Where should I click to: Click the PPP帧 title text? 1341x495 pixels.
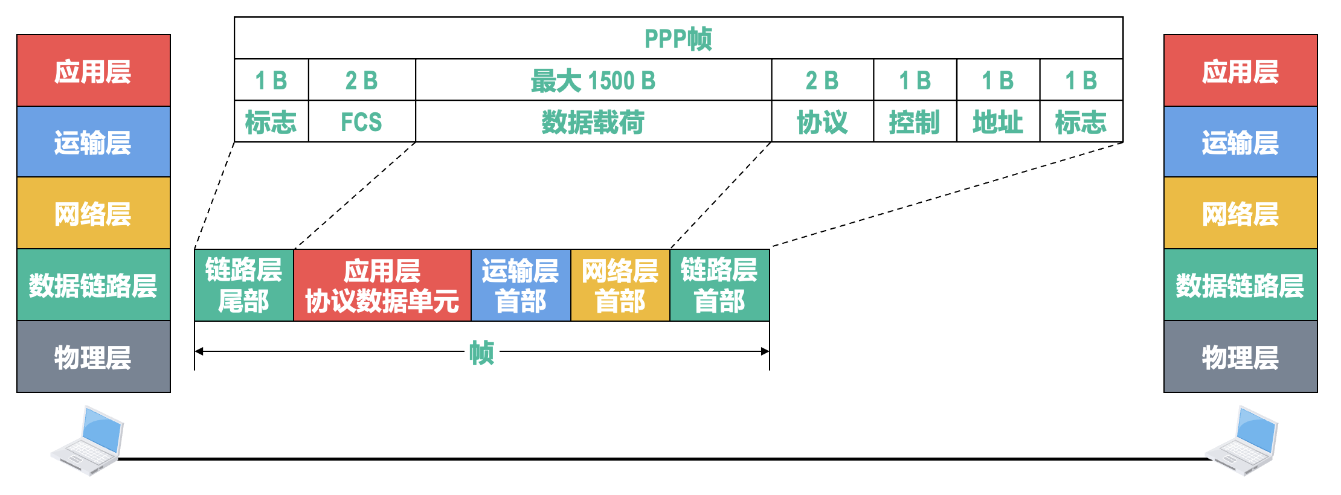(x=678, y=39)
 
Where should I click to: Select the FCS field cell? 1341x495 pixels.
(x=361, y=122)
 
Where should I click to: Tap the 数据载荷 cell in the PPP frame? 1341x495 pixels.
(x=593, y=122)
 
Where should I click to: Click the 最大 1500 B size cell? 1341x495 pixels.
(x=593, y=80)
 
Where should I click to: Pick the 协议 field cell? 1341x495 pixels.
(x=822, y=122)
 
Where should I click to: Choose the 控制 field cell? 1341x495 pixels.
(x=915, y=122)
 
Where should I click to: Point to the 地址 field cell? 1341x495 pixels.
(x=998, y=122)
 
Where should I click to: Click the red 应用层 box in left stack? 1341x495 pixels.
(x=93, y=71)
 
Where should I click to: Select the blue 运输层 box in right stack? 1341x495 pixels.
(x=1240, y=142)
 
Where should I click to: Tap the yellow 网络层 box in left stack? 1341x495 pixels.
(x=93, y=214)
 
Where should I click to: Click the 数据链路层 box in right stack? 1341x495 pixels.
(x=1240, y=285)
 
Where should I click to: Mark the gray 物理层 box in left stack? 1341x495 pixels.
(x=93, y=357)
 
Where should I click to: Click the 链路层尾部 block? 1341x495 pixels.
(x=243, y=285)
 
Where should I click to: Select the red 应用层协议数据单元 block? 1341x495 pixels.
(x=382, y=285)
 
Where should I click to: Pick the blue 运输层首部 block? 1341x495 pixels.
(x=520, y=285)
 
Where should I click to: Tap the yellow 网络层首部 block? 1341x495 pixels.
(x=620, y=285)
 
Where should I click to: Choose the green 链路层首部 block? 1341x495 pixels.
(x=719, y=285)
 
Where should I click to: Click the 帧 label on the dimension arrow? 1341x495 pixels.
(x=481, y=352)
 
